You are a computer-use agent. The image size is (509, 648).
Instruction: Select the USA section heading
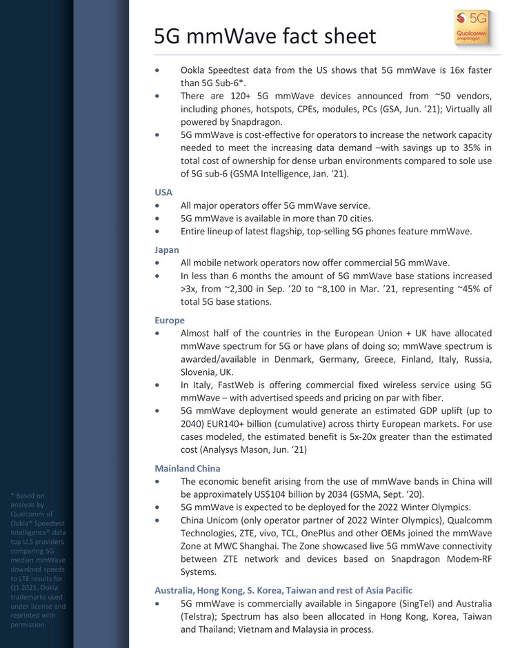point(163,192)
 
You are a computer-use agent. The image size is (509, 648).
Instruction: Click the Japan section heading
point(167,250)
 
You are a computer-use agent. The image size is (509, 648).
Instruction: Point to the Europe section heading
point(170,320)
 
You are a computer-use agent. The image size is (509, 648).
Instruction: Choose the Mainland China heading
point(188,469)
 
